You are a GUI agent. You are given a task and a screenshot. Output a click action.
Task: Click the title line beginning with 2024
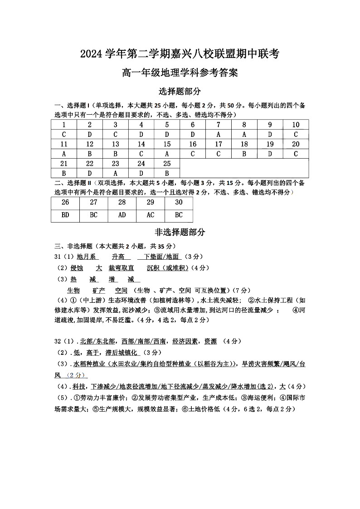click(x=180, y=54)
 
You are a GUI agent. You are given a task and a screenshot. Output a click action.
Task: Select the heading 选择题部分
click(x=180, y=91)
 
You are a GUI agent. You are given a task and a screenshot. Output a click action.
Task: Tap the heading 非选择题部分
click(x=180, y=232)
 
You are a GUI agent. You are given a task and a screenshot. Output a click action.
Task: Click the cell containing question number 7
click(x=219, y=125)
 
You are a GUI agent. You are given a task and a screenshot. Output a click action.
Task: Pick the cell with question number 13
click(x=116, y=144)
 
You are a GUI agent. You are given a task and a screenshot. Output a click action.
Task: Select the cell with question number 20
click(x=296, y=144)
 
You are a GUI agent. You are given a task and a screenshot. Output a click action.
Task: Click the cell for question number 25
click(x=167, y=164)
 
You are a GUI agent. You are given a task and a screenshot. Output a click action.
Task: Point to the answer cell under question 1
click(x=64, y=135)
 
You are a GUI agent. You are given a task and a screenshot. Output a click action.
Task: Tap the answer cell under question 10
click(x=296, y=135)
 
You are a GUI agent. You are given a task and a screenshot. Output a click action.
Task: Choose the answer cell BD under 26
click(x=65, y=215)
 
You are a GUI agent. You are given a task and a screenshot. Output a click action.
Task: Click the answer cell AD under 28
click(x=122, y=215)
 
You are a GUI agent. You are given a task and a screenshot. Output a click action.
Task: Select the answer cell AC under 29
click(x=150, y=215)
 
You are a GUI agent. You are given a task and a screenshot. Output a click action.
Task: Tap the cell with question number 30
click(x=179, y=203)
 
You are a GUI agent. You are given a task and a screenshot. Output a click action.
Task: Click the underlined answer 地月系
click(x=86, y=257)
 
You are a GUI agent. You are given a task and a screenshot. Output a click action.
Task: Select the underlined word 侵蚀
click(x=77, y=268)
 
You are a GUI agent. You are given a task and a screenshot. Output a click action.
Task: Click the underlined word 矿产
click(x=98, y=290)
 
